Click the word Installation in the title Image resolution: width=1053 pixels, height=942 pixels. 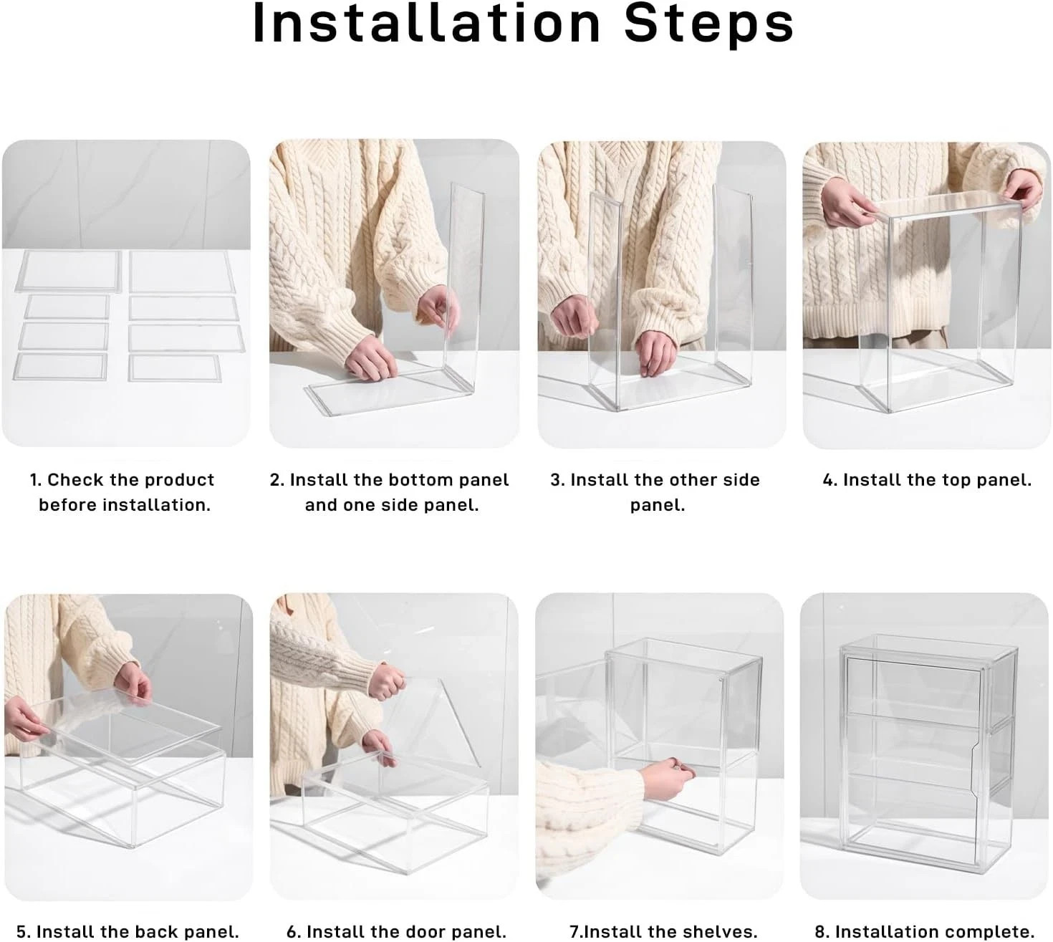427,24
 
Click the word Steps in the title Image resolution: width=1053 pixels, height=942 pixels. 709,26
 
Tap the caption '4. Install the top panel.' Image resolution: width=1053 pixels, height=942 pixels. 927,480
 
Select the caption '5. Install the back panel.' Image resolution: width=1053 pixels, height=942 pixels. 128,931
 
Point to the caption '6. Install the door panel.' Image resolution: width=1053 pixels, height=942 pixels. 396,931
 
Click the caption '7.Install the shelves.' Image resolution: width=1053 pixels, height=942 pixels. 663,931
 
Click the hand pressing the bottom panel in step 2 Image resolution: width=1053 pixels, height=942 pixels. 372,357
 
